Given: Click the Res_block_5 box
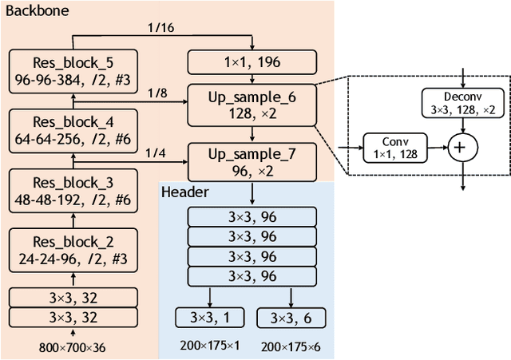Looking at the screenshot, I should coord(73,71).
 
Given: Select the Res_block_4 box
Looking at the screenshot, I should coord(73,130).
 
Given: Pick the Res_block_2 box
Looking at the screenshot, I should coord(73,250).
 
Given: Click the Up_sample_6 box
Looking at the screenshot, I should coord(252,103).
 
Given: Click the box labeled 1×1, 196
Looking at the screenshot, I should coord(252,62).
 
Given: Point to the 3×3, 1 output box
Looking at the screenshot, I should coord(211,318).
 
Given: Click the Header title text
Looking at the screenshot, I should coord(184,192).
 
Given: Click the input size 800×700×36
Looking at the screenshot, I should coord(73,347).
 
